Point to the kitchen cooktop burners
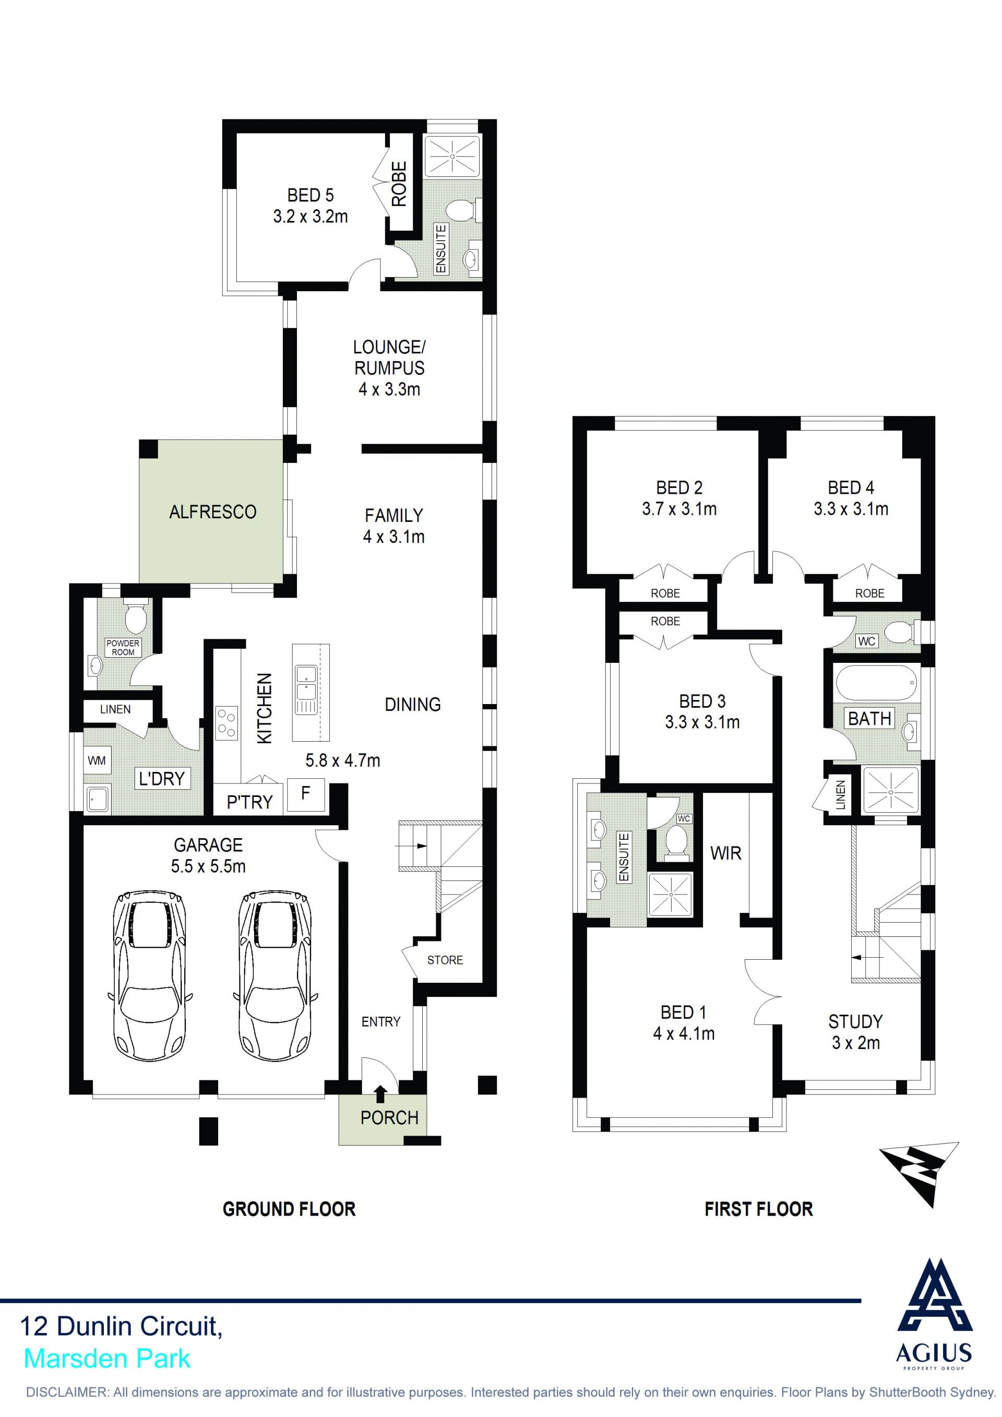[x=226, y=723]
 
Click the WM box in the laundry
[x=96, y=760]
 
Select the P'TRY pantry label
[x=249, y=802]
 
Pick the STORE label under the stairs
[x=445, y=960]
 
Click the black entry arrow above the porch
[x=380, y=1093]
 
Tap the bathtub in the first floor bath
[x=876, y=683]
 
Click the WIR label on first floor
[x=725, y=853]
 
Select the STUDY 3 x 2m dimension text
[x=855, y=1043]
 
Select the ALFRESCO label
[x=213, y=511]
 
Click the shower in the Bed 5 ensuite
[x=452, y=156]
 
